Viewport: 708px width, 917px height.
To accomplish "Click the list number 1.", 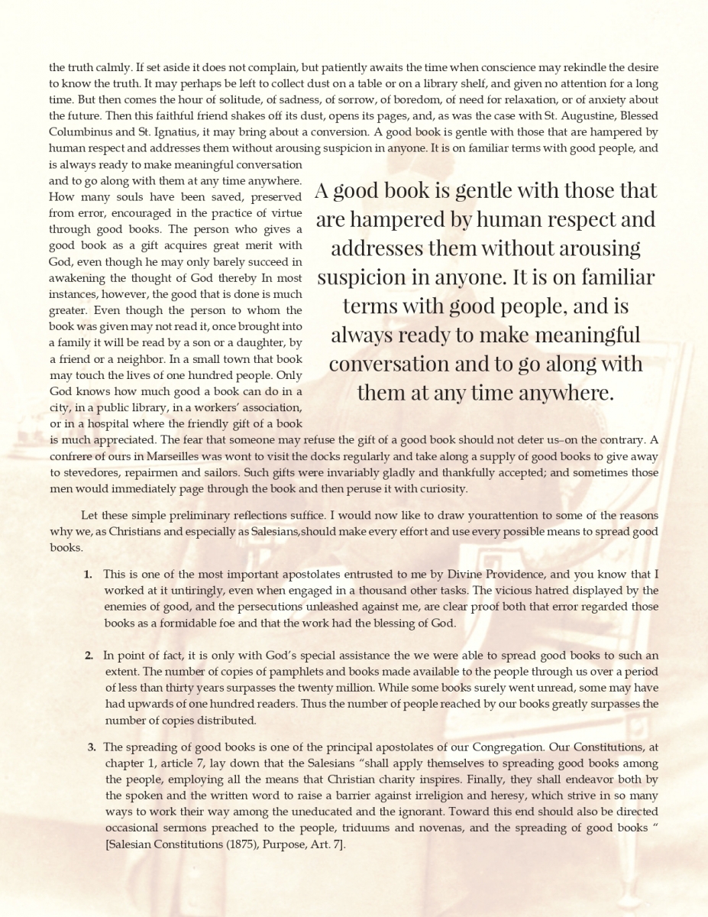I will tap(88, 574).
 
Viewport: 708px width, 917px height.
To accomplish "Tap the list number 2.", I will tap(89, 656).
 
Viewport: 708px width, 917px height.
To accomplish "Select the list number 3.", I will tap(91, 747).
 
